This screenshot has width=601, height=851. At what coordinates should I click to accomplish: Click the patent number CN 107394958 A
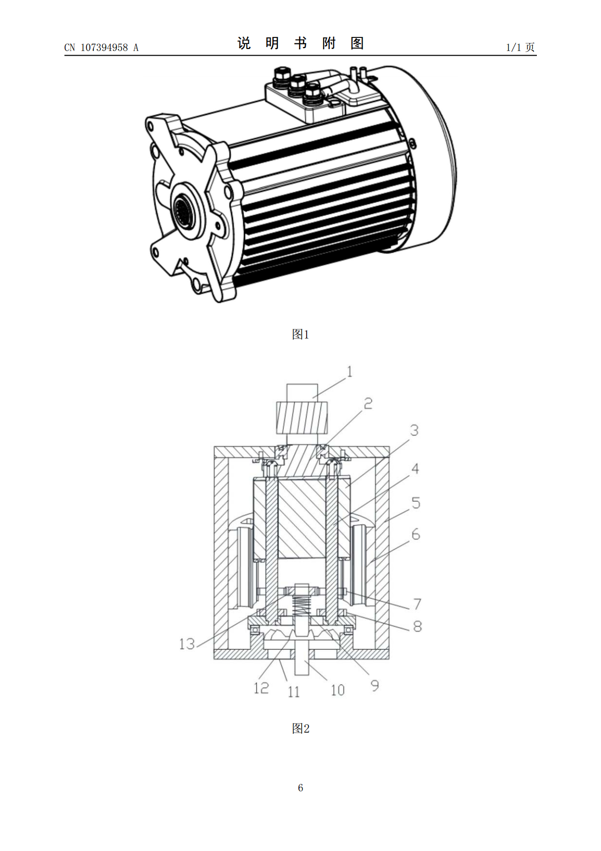[102, 48]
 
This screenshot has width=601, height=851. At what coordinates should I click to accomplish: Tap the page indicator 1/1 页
[520, 47]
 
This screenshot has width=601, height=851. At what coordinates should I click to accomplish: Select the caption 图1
[300, 335]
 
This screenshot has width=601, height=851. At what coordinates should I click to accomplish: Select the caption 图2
[300, 728]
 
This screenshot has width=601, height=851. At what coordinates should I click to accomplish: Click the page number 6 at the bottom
[300, 787]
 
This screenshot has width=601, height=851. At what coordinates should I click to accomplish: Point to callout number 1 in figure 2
[349, 371]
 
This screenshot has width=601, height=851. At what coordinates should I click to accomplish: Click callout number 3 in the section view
[414, 431]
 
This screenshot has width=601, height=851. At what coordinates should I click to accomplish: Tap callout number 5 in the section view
[416, 503]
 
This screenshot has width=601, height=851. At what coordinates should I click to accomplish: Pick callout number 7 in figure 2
[417, 604]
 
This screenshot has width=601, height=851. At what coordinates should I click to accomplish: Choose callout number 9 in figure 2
[375, 686]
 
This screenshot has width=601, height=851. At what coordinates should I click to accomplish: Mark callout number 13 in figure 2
[187, 644]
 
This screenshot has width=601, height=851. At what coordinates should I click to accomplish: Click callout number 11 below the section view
[294, 692]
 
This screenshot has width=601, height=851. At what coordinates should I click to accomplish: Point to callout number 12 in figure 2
[261, 688]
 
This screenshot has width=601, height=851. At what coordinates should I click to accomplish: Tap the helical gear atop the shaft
[302, 418]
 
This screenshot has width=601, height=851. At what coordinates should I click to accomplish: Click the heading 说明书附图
[300, 43]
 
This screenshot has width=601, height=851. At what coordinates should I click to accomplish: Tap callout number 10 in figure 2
[337, 690]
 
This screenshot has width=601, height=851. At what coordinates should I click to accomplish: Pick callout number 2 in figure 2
[368, 403]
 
